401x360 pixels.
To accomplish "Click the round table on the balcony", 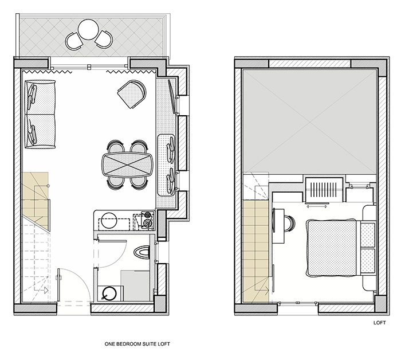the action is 88,29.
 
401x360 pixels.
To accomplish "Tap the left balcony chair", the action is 74,41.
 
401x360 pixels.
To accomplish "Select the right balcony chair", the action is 104,39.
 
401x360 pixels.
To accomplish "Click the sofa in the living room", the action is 40,114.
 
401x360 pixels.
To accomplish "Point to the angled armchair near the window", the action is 132,94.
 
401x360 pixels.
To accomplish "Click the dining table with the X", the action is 127,165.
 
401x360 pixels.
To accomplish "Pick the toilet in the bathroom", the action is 141,252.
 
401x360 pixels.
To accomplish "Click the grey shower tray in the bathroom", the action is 135,286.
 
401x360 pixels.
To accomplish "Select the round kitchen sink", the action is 109,220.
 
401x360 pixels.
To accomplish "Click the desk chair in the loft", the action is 289,223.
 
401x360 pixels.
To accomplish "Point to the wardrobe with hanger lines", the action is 324,189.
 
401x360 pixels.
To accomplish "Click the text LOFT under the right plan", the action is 379,323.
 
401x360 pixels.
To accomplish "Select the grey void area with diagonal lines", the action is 310,122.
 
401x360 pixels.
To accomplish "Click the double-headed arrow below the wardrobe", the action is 317,206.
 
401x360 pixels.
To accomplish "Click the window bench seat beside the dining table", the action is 166,165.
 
